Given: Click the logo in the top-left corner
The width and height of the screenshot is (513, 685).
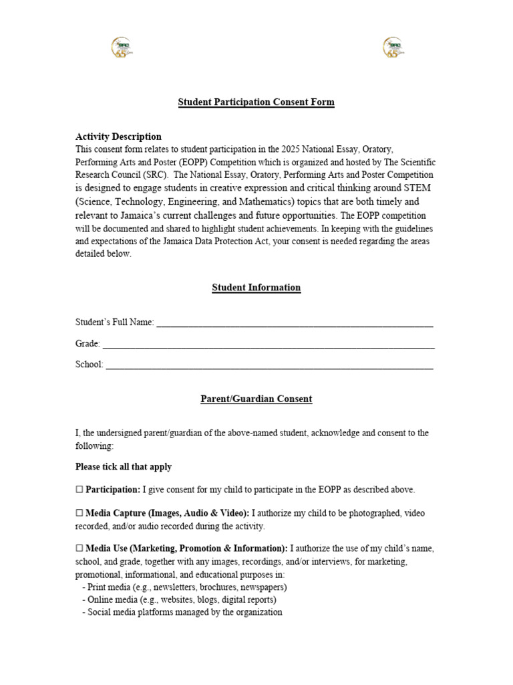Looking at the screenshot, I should [x=122, y=47].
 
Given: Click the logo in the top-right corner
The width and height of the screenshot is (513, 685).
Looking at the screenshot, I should [x=393, y=47].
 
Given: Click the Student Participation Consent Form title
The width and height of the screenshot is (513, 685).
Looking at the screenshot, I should [x=256, y=102].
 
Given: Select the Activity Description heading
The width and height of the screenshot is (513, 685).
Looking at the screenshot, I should [x=118, y=136].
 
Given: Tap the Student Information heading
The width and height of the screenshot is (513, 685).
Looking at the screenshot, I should [x=256, y=288].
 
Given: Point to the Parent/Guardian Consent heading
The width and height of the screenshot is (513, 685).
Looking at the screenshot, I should [x=256, y=399].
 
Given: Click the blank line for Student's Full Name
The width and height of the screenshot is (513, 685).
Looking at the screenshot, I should [x=294, y=323].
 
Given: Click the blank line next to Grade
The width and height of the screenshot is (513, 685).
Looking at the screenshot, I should [x=268, y=344].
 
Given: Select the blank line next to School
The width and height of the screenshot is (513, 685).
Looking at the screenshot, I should [x=269, y=365].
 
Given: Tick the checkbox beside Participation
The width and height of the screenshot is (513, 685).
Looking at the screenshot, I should [x=79, y=490].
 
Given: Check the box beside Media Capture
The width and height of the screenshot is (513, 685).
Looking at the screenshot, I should [x=79, y=513].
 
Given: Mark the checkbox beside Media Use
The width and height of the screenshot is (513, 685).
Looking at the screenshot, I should [x=79, y=549].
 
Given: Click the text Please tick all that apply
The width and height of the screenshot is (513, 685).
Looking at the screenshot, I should [x=124, y=467].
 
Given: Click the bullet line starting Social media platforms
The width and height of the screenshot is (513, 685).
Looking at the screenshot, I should [x=182, y=612].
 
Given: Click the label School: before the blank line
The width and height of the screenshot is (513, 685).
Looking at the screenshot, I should [x=90, y=365].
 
